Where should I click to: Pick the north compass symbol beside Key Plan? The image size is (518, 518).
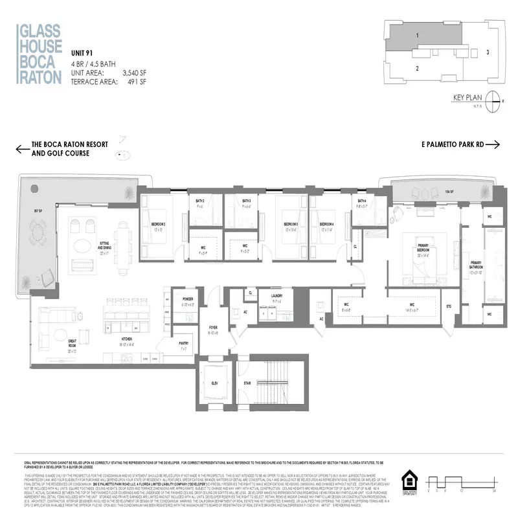[x=495, y=101]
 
